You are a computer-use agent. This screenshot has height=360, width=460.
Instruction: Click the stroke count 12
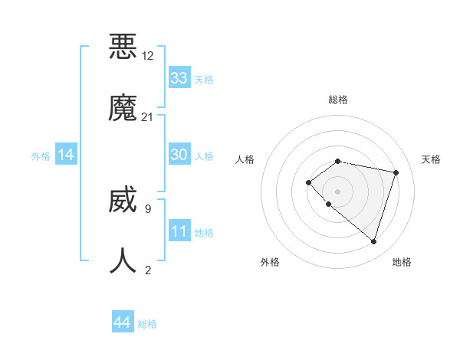(148, 56)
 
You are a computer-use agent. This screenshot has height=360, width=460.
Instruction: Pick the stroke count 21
(148, 117)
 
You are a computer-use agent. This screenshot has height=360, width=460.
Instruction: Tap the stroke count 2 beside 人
(147, 270)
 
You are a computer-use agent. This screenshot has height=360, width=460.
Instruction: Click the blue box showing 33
(179, 78)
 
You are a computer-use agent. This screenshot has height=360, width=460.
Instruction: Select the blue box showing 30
(179, 155)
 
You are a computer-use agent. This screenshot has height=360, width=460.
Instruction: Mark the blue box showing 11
(179, 231)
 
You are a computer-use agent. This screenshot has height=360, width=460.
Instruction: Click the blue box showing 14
(66, 155)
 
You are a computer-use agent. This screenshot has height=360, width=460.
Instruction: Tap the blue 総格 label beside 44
(147, 324)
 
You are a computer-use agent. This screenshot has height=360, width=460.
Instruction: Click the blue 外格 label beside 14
(41, 156)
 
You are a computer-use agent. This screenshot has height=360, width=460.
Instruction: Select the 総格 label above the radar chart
(338, 100)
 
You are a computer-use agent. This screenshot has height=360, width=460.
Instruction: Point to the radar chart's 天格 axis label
(431, 159)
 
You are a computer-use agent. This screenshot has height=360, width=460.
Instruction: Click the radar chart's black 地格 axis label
(402, 262)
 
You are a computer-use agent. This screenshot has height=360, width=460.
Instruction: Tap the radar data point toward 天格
(396, 172)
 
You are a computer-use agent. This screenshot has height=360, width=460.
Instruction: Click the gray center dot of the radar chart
(337, 191)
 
